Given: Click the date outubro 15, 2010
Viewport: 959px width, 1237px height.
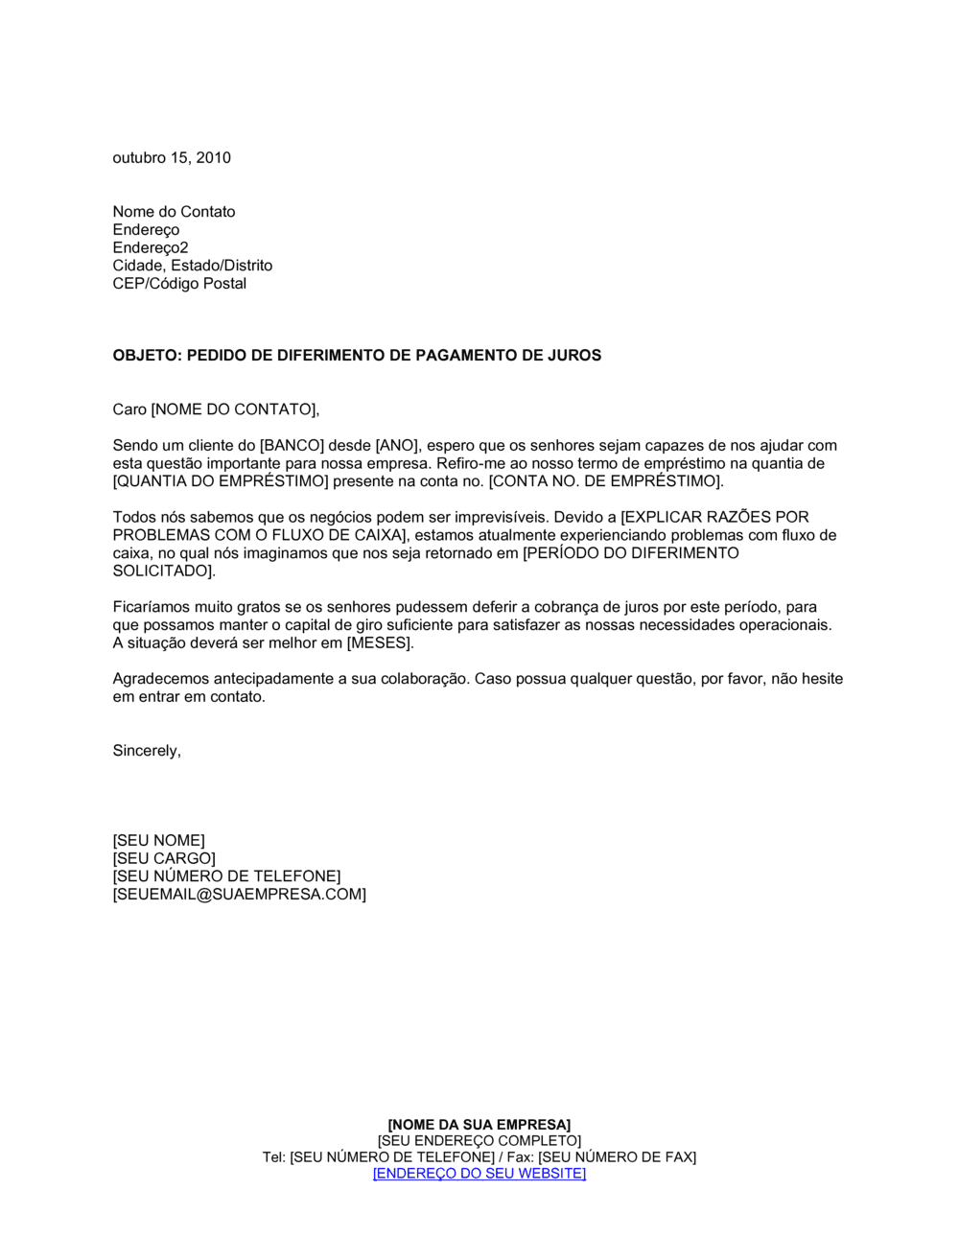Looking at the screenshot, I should [172, 158].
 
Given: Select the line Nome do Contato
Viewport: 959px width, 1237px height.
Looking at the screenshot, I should [174, 212].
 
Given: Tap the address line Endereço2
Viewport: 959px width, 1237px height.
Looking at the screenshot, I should [151, 247].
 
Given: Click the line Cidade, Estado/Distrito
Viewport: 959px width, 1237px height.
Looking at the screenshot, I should [193, 266].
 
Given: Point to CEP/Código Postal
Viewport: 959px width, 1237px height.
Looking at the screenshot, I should [179, 284].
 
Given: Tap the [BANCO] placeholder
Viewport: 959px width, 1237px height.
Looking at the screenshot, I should [292, 446].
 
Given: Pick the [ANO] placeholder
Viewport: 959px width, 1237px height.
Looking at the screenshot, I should [395, 446].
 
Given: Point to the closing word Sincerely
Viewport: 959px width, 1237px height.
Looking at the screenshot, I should [146, 751].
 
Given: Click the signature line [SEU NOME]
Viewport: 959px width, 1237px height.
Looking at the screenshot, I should [159, 841].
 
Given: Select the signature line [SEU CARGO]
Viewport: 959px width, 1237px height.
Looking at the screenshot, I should [164, 859].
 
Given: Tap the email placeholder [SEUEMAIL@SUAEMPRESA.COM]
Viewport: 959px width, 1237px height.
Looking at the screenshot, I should [240, 895].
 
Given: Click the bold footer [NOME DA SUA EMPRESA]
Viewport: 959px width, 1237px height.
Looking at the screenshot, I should [479, 1125].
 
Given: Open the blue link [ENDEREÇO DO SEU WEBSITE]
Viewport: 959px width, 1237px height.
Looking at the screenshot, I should [479, 1174].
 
